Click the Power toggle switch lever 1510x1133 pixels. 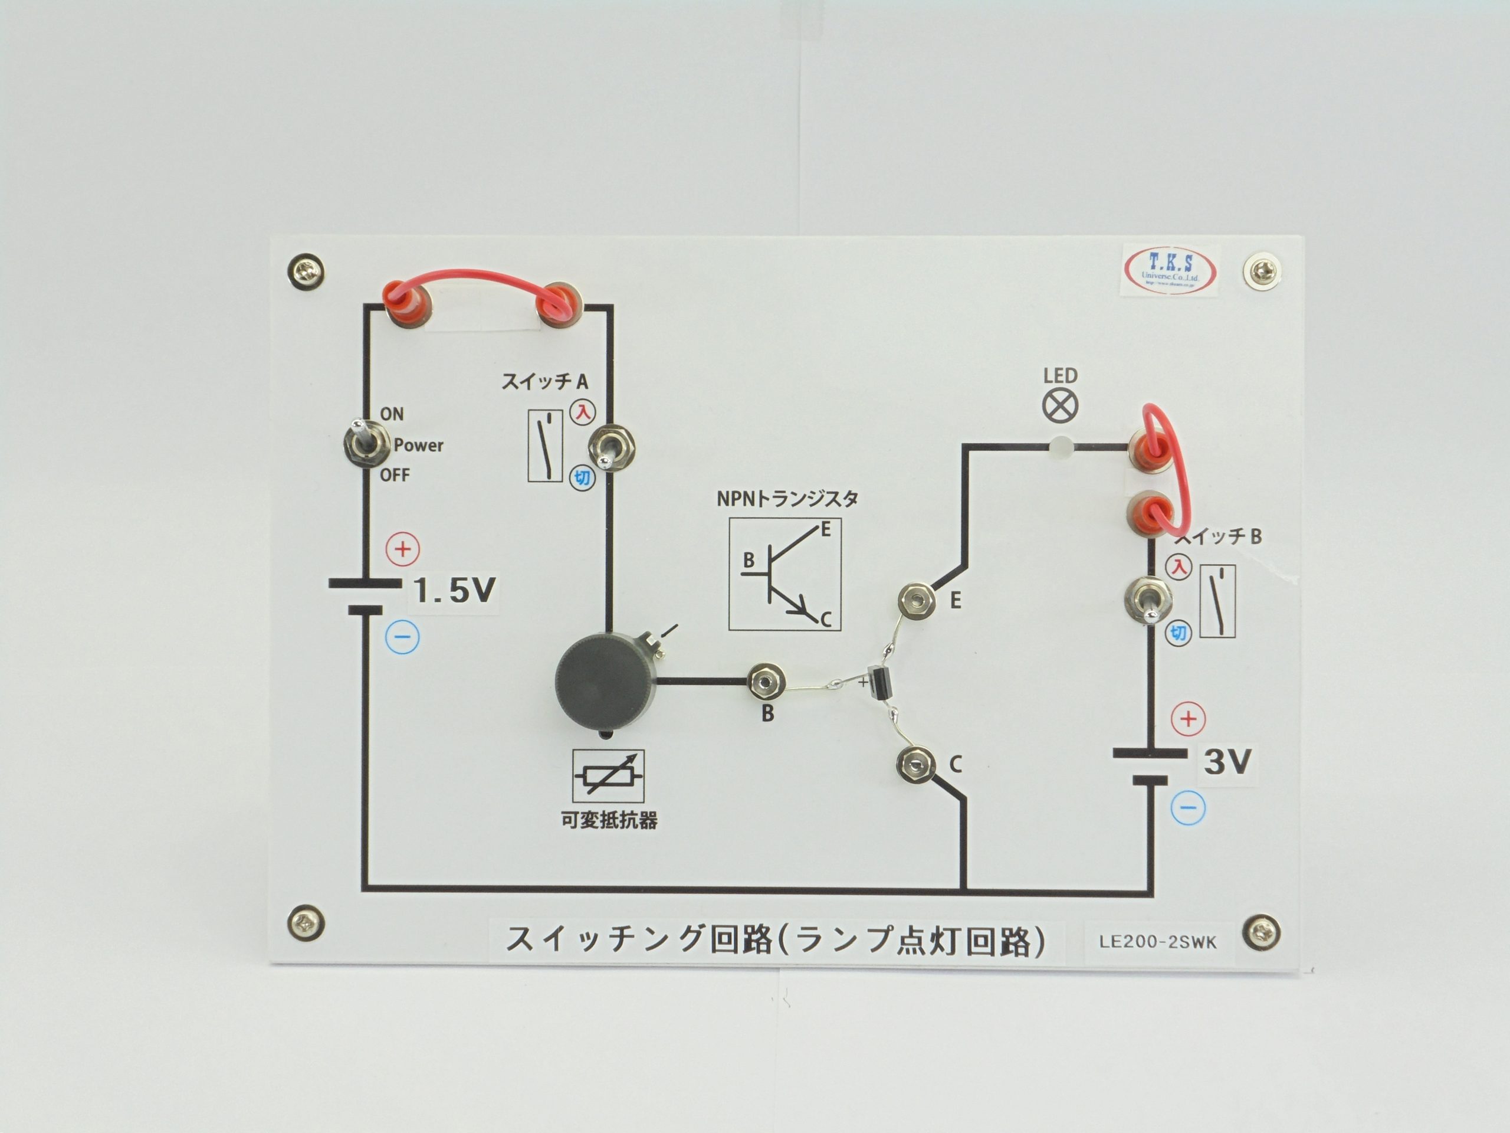[x=357, y=435]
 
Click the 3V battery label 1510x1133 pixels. [x=1227, y=761]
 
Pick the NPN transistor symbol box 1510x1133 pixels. [x=784, y=574]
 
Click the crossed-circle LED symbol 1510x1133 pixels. [x=1060, y=405]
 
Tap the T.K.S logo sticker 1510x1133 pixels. [x=1170, y=270]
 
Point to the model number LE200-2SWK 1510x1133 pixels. [x=1157, y=942]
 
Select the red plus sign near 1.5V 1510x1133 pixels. [x=403, y=549]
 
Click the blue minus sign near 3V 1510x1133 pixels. [x=1188, y=808]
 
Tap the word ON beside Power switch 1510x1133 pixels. [x=392, y=414]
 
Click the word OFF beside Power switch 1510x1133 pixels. [x=395, y=475]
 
